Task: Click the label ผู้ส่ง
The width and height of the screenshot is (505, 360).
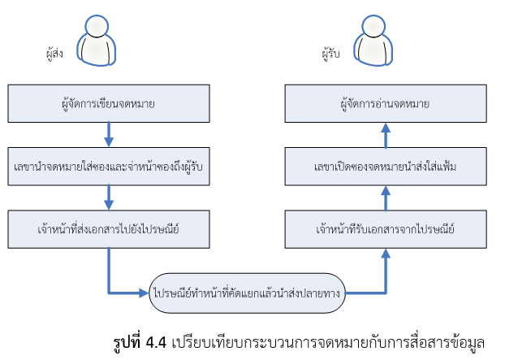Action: point(54,55)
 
